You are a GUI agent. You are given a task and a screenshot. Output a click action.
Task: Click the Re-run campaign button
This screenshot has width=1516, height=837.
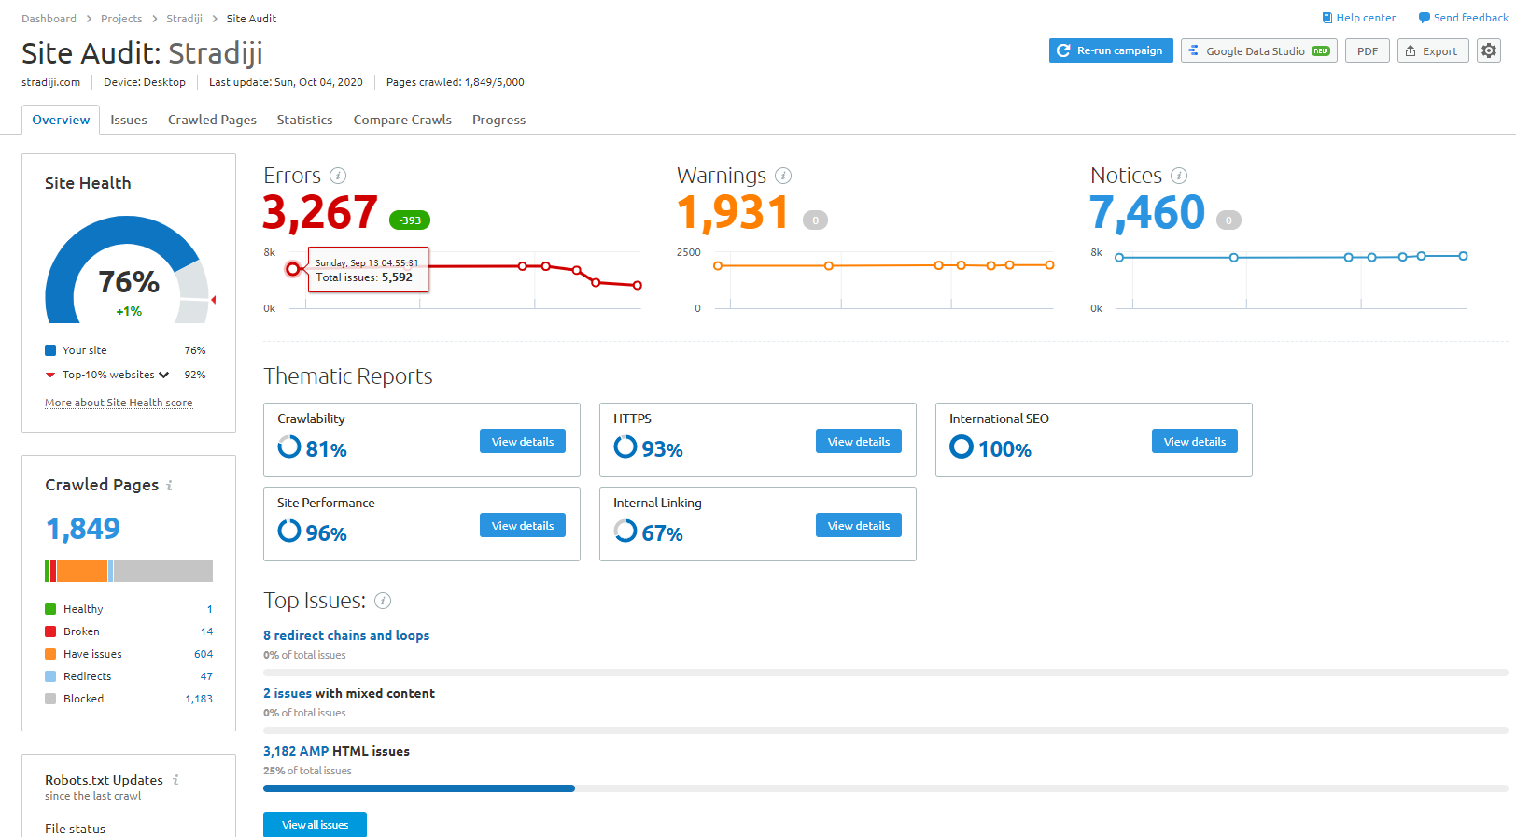click(1110, 50)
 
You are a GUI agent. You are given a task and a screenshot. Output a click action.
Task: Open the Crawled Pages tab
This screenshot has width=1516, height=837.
click(212, 120)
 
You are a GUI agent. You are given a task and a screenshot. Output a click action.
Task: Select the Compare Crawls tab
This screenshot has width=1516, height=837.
click(402, 120)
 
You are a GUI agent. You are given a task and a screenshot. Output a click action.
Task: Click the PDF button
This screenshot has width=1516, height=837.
click(1367, 51)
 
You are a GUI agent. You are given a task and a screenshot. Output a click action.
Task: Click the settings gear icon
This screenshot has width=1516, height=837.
click(1489, 50)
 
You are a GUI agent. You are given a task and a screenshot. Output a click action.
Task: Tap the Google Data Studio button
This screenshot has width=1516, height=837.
click(1258, 51)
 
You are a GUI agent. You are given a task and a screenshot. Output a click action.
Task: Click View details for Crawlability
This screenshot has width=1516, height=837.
click(522, 442)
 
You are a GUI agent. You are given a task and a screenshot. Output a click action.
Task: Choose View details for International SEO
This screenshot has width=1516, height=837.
click(1194, 442)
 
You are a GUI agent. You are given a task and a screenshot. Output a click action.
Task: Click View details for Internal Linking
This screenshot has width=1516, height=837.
click(858, 526)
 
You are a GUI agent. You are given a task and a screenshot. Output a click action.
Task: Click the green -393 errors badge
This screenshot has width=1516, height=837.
click(410, 220)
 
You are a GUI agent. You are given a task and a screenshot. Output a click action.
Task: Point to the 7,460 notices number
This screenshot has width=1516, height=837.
click(1147, 213)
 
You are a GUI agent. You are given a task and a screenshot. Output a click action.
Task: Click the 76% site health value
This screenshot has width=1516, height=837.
click(129, 282)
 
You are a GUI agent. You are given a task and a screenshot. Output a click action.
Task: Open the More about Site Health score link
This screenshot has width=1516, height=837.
click(119, 403)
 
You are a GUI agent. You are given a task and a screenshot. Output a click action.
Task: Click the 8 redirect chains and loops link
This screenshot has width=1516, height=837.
click(346, 635)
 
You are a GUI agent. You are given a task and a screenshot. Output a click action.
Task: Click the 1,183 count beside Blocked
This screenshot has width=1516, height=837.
click(199, 699)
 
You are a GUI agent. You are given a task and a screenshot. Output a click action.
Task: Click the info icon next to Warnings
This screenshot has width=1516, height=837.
click(783, 176)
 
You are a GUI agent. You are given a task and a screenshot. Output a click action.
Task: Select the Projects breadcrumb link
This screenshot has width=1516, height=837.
click(121, 19)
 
